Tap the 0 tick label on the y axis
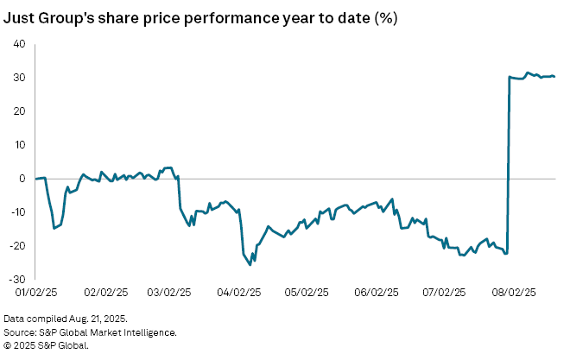tap(22, 179)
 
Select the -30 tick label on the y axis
tap(17, 280)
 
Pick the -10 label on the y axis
tap(17, 212)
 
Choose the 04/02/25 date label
tap(241, 292)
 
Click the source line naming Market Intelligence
tap(91, 332)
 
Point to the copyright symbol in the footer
tap(8, 344)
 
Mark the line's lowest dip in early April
tap(250, 264)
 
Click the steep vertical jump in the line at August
tap(508, 164)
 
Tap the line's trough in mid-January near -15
tap(54, 228)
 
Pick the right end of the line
tap(554, 76)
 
